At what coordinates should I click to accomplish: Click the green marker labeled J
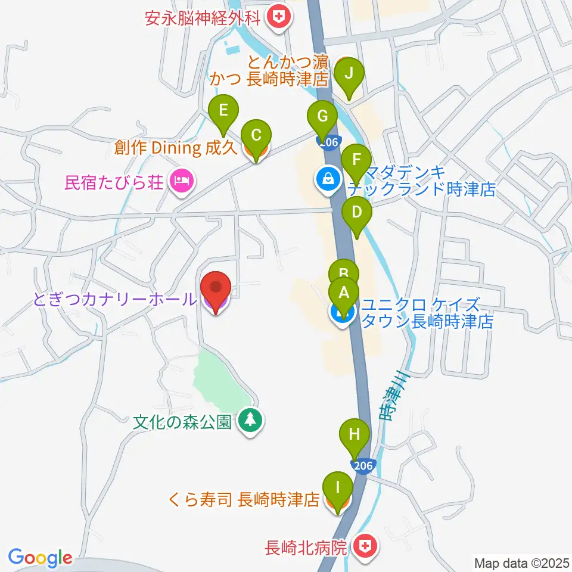(349, 74)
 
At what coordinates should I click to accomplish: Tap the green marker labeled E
(223, 110)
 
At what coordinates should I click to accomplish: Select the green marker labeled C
(256, 135)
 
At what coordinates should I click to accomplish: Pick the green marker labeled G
(322, 116)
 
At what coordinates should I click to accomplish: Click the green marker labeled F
(357, 160)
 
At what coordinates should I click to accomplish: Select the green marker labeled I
(338, 488)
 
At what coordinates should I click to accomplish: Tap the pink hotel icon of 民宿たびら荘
(181, 179)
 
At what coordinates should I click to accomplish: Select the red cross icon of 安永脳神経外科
(278, 15)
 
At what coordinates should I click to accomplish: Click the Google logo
(40, 558)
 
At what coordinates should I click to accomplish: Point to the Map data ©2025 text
(521, 562)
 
